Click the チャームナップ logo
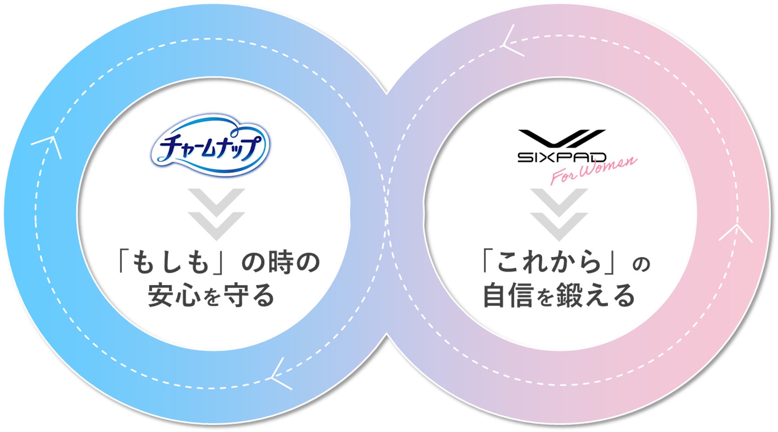[210, 145]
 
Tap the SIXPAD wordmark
[562, 157]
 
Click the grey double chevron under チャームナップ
[216, 214]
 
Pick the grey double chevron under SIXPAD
[559, 214]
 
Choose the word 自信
[508, 295]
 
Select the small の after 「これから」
[641, 265]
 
